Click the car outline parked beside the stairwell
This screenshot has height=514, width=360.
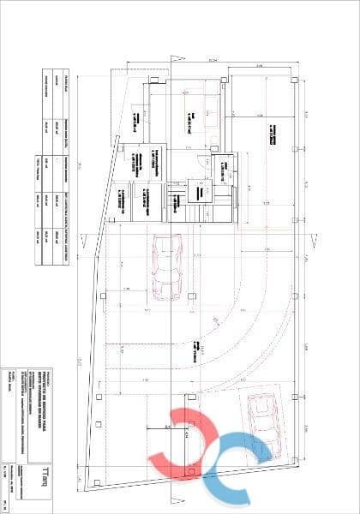coord(163,268)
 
